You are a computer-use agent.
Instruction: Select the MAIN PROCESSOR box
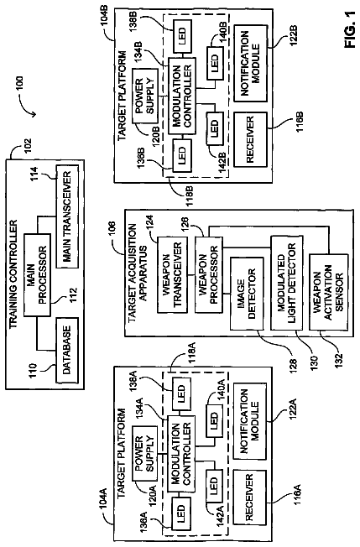point(37,275)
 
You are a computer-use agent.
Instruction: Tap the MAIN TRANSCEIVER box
point(67,216)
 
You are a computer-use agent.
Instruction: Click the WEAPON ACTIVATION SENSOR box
point(329,292)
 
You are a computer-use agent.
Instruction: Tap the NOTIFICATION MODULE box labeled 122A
point(250,421)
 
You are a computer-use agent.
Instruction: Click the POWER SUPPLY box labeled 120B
point(145,96)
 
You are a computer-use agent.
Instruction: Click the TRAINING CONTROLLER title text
point(13,274)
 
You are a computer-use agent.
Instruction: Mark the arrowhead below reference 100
point(33,114)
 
